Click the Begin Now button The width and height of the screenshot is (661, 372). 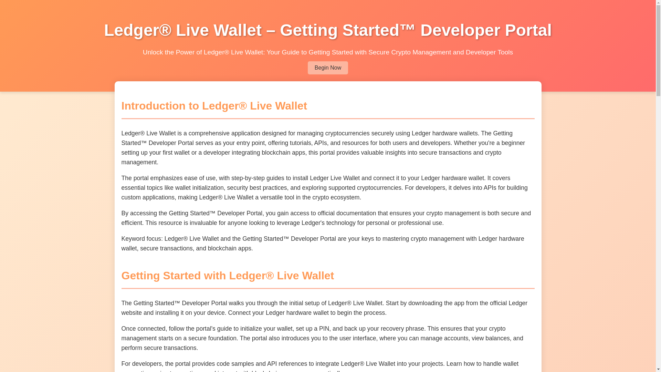tap(327, 68)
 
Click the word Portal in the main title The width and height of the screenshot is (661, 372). tap(528, 30)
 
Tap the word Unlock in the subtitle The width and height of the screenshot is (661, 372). tap(153, 52)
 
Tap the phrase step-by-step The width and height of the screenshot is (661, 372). tap(248, 178)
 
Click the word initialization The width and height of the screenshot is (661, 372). tap(208, 188)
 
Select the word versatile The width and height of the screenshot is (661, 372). tap(272, 197)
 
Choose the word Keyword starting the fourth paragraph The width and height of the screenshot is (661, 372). tap(133, 239)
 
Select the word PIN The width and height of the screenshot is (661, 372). tap(324, 329)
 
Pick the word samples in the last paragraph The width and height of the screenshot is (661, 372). tap(242, 364)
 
